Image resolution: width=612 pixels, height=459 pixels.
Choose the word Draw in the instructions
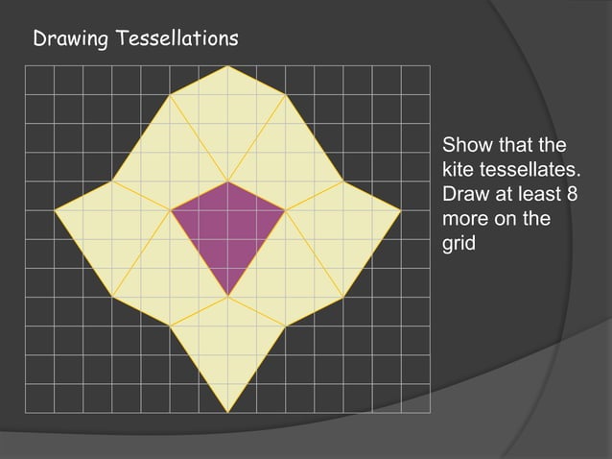coord(464,195)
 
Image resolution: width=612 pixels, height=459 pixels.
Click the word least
coord(542,195)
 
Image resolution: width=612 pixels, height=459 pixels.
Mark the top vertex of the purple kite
coord(227,181)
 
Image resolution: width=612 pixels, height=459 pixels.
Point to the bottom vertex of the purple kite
coord(227,297)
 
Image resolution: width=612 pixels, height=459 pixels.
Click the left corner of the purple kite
coord(171,210)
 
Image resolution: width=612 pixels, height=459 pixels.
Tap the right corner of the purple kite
coord(285,210)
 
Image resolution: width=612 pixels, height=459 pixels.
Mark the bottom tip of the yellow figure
coord(227,412)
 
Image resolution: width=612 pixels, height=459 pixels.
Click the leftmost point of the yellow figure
coord(55,210)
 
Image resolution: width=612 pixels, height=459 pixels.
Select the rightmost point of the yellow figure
coord(400,210)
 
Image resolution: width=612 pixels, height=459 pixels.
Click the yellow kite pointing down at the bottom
coord(227,346)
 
